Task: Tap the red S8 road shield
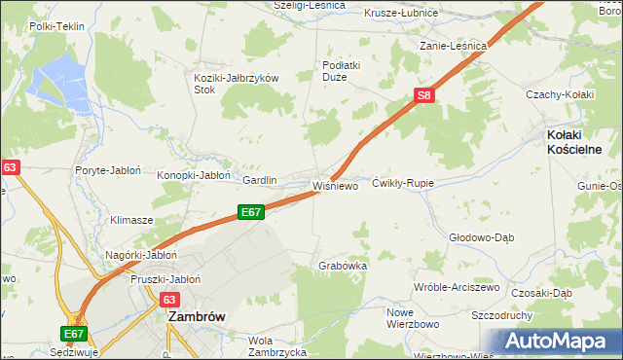pos(423,95)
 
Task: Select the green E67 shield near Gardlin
pos(251,211)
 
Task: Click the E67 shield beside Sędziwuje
pos(74,333)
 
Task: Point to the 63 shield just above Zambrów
pos(170,301)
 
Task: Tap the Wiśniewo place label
pos(335,184)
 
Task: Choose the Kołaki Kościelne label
pos(573,142)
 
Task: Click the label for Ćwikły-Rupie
pos(403,183)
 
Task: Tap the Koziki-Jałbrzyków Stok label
pos(238,83)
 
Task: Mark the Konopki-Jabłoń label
pos(194,175)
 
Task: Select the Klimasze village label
pos(131,220)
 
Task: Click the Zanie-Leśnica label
pos(453,46)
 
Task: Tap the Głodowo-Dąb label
pos(480,237)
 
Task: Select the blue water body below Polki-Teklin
pos(58,78)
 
